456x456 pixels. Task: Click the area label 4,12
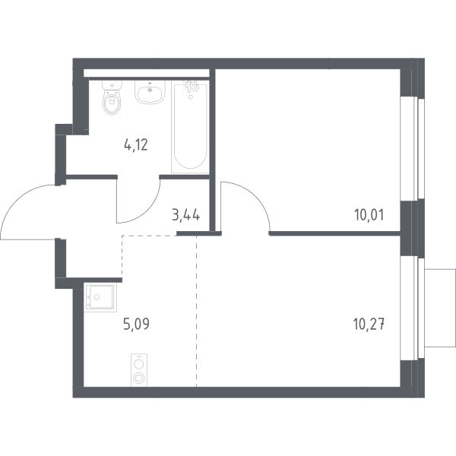(x=136, y=145)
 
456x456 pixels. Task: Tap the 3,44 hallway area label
(x=186, y=216)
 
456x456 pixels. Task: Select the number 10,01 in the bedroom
(x=369, y=215)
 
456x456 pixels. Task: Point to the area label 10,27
(x=369, y=325)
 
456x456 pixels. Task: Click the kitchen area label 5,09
(x=137, y=324)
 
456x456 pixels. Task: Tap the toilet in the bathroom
(x=112, y=97)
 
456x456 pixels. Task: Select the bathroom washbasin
(x=150, y=92)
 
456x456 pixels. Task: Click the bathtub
(x=190, y=127)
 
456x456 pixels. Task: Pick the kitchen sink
(x=100, y=297)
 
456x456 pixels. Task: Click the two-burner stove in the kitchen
(x=139, y=370)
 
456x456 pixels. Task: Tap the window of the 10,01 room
(x=413, y=148)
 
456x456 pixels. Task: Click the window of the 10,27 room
(x=413, y=309)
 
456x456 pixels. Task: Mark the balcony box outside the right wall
(x=440, y=308)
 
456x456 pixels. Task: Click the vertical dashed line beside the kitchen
(x=196, y=311)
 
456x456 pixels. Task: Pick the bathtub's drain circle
(x=191, y=97)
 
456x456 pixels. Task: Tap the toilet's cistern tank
(x=112, y=85)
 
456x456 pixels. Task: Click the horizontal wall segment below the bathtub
(x=185, y=177)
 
